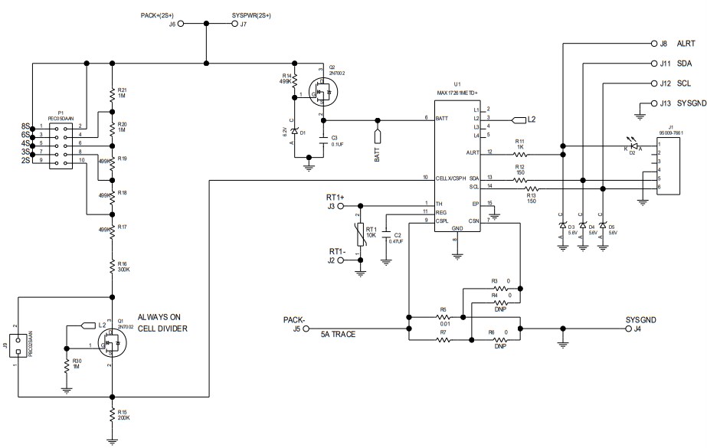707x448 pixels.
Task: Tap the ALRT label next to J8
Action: tap(686, 44)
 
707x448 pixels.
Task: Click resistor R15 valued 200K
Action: tap(113, 414)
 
